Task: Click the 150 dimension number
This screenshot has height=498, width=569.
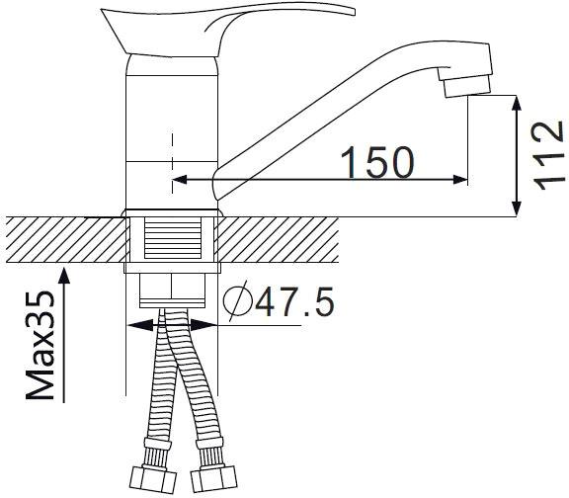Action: (x=377, y=162)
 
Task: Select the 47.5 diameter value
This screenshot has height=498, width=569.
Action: (x=294, y=301)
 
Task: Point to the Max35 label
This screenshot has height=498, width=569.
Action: (x=41, y=345)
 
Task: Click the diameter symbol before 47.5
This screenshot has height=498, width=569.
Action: (x=238, y=301)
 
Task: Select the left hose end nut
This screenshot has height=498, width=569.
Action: (x=153, y=479)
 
